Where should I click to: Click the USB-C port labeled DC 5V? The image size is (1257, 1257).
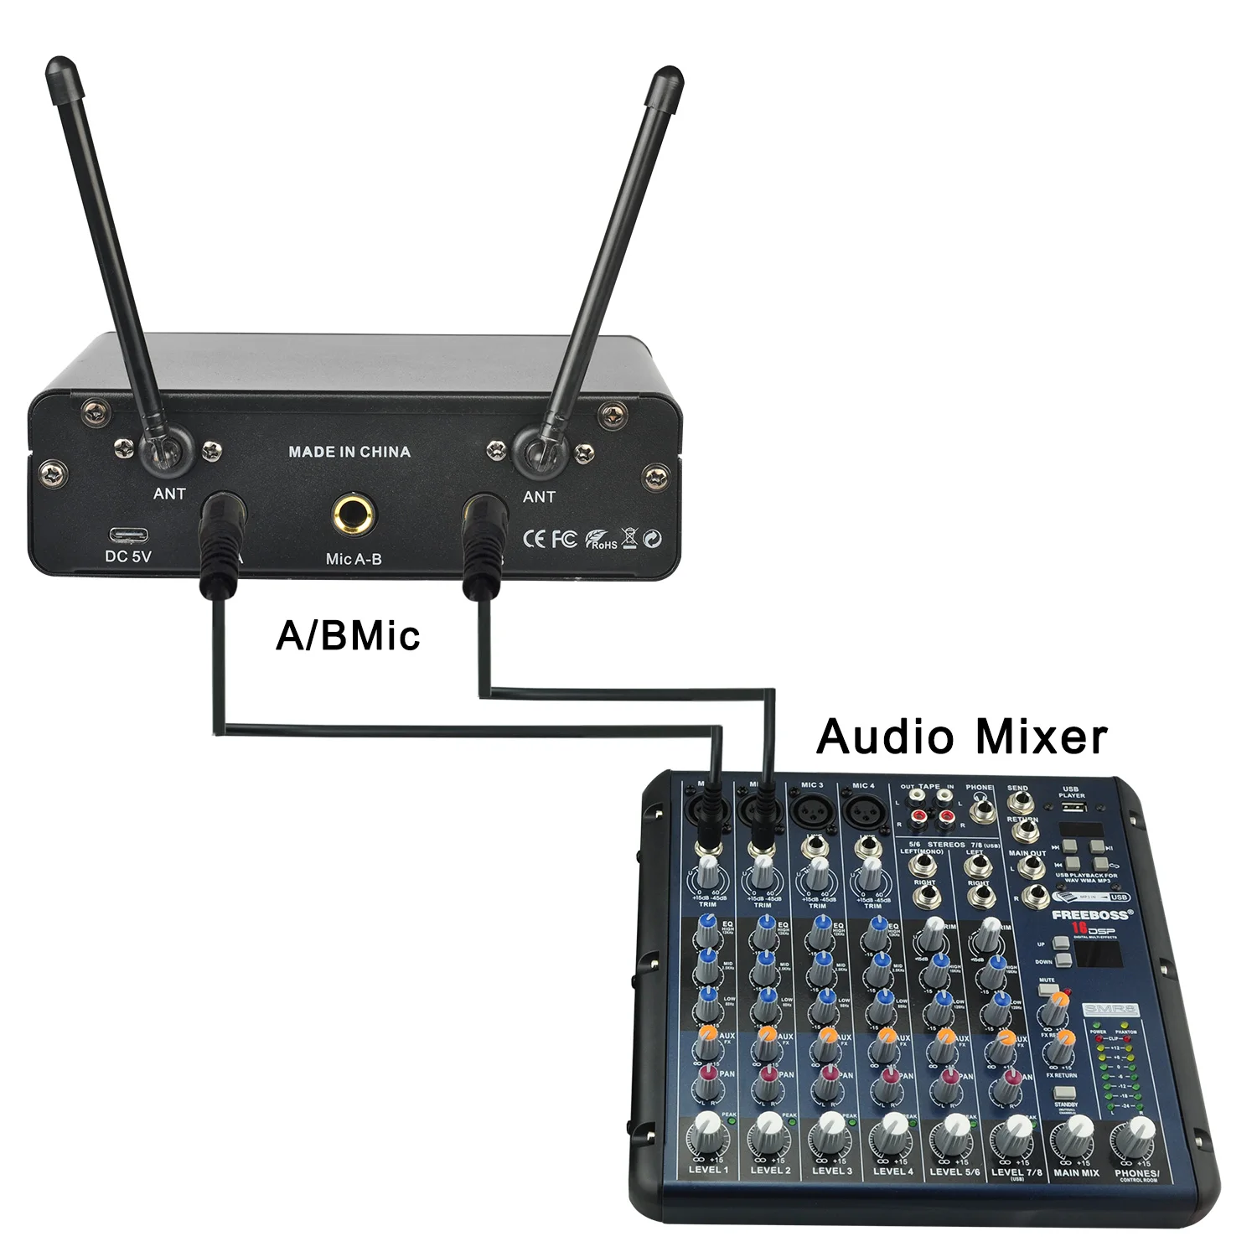[128, 535]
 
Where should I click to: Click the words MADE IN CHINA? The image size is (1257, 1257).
[349, 452]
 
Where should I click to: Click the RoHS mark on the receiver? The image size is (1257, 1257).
[601, 539]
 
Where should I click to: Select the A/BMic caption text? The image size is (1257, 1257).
[348, 635]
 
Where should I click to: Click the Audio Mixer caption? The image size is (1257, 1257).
[961, 737]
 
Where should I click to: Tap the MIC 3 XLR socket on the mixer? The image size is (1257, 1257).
[812, 810]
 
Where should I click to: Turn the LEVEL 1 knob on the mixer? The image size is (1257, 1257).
[708, 1137]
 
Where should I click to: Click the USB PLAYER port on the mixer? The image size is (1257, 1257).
[1073, 808]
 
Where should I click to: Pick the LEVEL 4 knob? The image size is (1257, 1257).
[892, 1137]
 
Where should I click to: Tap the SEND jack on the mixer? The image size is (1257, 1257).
[1019, 805]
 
